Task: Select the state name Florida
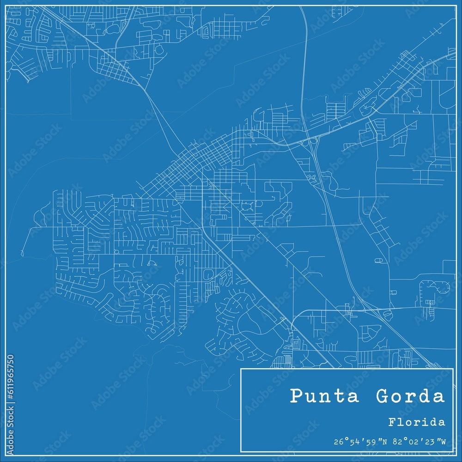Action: pyautogui.click(x=417, y=422)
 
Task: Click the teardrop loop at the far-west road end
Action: pyautogui.click(x=22, y=253)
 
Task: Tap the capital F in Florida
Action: pyautogui.click(x=391, y=422)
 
